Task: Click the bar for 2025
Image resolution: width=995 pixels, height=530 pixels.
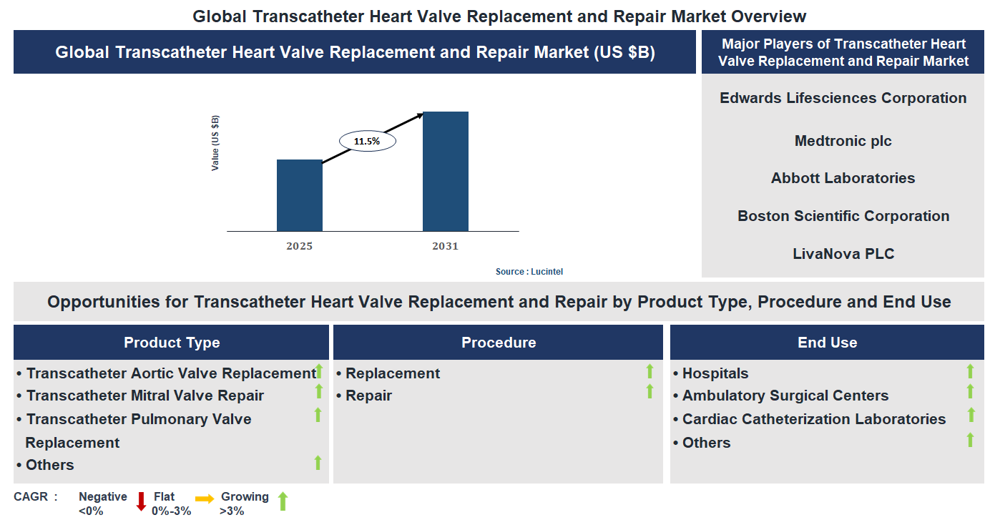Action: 299,195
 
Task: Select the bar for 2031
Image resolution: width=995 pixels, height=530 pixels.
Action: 445,172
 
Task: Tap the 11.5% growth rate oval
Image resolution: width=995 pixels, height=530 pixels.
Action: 367,142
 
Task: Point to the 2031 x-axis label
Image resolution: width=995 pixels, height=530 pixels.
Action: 445,246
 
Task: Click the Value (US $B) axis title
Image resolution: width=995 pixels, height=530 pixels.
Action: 215,143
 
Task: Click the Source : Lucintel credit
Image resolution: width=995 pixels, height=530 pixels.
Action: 534,272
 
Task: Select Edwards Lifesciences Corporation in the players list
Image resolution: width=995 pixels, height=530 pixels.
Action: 843,98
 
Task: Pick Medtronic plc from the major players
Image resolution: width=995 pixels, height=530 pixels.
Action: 843,141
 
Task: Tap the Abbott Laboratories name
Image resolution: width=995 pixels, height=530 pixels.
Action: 843,178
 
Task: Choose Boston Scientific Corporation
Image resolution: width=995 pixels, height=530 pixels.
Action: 843,216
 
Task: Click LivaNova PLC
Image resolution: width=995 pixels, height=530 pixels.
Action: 843,253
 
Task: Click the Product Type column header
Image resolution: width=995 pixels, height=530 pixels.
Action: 172,343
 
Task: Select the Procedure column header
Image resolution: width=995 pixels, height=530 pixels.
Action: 499,343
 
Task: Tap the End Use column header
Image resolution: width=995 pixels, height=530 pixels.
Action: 827,343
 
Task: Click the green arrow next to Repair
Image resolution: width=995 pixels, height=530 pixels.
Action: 650,391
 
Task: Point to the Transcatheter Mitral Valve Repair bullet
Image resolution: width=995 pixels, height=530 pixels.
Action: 144,396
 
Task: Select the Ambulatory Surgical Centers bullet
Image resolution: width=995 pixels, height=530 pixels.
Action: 785,396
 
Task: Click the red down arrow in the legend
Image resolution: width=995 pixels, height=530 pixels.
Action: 141,501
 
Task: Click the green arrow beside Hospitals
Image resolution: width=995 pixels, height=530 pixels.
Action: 970,370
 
